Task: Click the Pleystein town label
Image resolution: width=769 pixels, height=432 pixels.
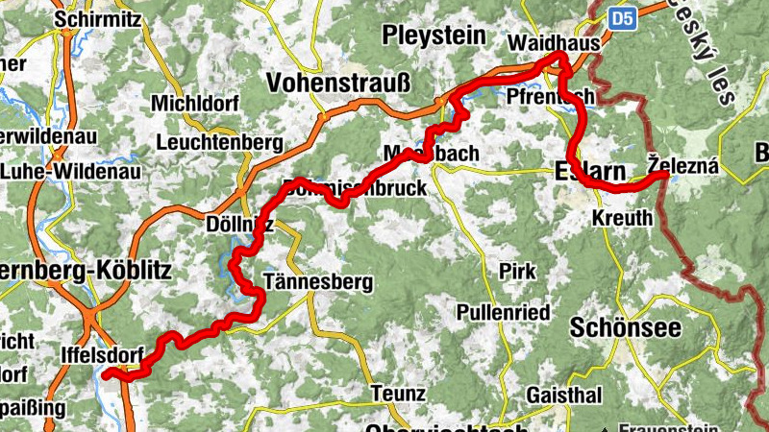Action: [x=434, y=36]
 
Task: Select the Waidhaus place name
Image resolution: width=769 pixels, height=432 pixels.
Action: [x=553, y=44]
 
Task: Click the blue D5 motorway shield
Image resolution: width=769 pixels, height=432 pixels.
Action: [x=623, y=16]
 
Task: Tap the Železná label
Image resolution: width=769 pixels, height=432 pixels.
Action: [x=682, y=166]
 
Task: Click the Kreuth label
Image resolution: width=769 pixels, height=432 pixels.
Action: [x=623, y=219]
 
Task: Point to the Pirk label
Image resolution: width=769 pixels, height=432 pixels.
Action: [x=517, y=272]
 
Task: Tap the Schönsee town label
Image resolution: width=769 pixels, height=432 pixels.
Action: [x=626, y=327]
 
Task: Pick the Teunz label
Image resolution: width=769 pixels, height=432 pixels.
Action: [x=397, y=394]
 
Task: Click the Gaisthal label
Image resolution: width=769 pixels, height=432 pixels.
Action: [x=564, y=396]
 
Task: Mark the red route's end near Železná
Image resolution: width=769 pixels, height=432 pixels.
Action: [x=664, y=175]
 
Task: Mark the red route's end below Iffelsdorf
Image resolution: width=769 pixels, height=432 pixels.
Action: [x=108, y=372]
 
